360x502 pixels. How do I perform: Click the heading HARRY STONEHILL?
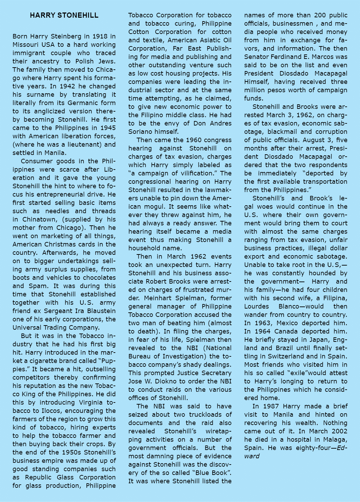(x=64, y=15)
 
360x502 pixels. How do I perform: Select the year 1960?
(x=195, y=140)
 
